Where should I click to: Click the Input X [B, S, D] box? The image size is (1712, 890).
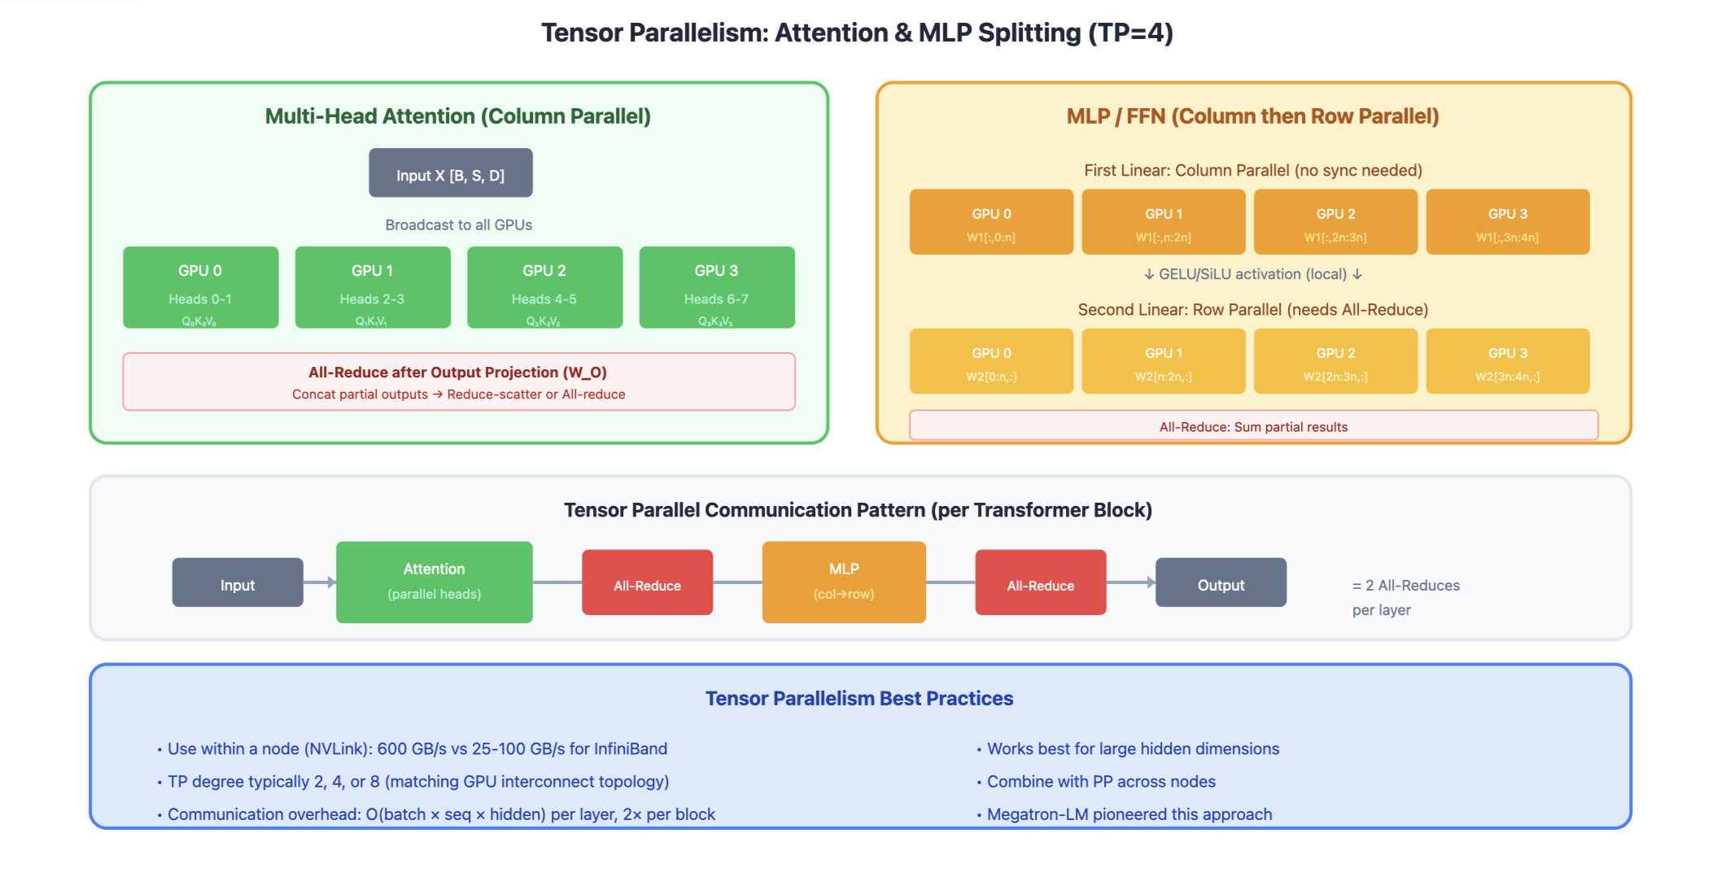[450, 172]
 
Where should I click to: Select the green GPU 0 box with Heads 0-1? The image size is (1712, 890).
[200, 287]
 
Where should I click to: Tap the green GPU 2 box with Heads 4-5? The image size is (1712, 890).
[544, 287]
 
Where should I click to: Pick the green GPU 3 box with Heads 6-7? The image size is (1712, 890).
[716, 287]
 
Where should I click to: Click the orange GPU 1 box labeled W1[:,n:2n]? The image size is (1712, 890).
[1163, 222]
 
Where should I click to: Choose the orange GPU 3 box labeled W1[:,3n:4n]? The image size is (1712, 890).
[1507, 222]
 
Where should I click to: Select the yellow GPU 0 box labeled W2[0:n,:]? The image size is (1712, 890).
[991, 361]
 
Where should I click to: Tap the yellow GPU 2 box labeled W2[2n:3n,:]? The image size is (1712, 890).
[1335, 361]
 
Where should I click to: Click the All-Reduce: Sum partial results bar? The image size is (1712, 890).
[1253, 426]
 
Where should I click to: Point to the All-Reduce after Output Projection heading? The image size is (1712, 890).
[457, 373]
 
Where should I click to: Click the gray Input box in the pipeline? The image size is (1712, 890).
[238, 582]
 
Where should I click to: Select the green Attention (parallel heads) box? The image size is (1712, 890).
[434, 582]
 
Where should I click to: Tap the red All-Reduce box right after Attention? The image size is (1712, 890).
[647, 582]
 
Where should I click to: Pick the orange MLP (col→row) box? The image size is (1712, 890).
[844, 582]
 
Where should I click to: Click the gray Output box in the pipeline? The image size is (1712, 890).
[1221, 582]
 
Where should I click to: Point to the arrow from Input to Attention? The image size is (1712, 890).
[320, 582]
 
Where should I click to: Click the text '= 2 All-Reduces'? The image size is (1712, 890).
[1405, 586]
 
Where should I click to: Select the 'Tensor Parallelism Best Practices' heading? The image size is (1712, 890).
[859, 699]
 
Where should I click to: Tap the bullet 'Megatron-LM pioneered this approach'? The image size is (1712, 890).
[1129, 814]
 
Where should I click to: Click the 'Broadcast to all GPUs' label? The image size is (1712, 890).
[458, 225]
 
